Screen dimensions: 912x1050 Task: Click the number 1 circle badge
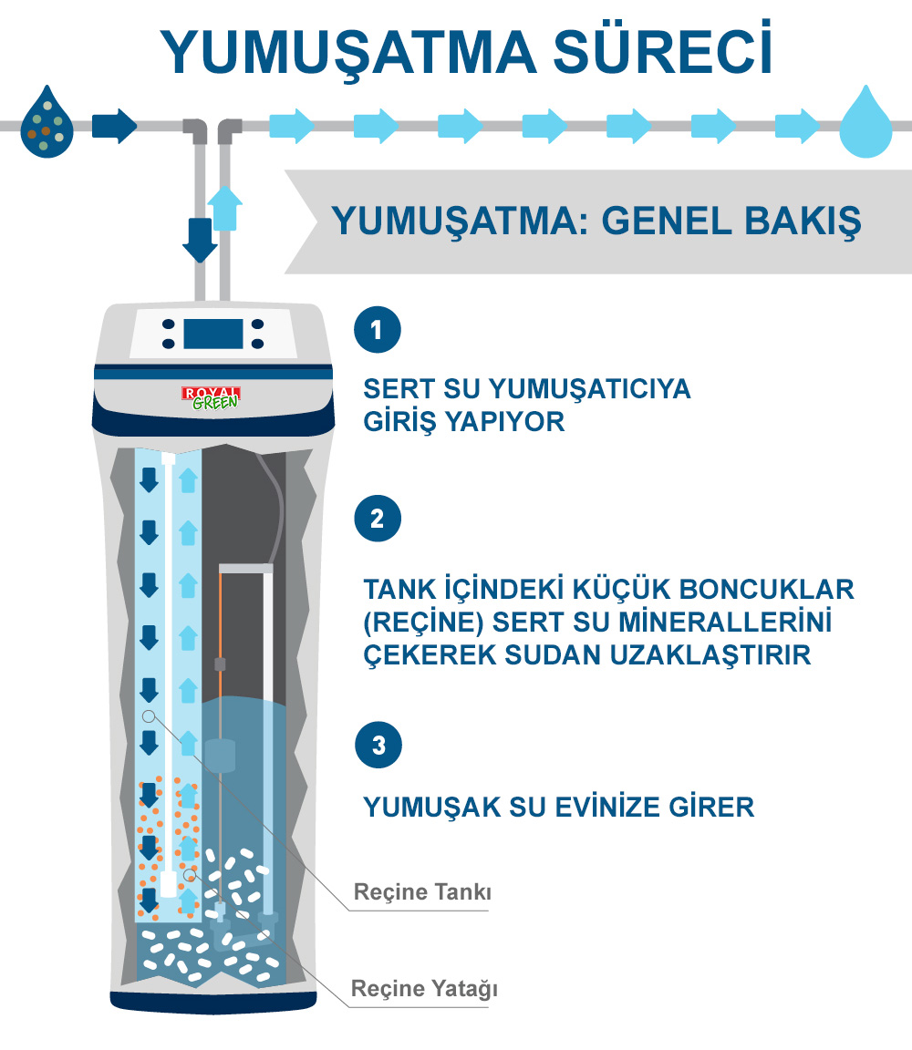pos(378,329)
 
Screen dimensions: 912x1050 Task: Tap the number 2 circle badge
pos(378,519)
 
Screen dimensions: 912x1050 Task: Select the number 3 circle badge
pos(378,745)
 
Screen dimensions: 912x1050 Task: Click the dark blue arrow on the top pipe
pos(115,125)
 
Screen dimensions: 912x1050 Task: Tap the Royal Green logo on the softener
pos(211,397)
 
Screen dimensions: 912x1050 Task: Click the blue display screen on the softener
pos(213,334)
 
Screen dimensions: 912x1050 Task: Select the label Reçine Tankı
pos(422,892)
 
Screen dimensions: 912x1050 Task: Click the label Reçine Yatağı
pos(424,988)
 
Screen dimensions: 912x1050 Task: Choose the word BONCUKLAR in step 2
pos(767,590)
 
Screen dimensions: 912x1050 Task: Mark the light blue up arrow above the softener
pos(224,208)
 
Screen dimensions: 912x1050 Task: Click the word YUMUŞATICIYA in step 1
pos(589,389)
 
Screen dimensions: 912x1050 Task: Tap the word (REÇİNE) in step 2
pos(423,623)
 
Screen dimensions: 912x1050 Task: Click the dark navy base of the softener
pos(213,1003)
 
